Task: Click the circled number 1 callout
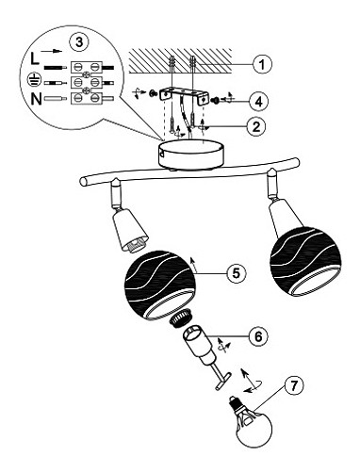point(262,64)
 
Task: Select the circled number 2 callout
point(255,126)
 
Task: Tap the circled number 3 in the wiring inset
point(78,42)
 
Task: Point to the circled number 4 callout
point(258,101)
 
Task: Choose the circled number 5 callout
point(236,273)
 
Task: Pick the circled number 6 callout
point(257,336)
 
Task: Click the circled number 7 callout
point(294,385)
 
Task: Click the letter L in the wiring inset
point(35,58)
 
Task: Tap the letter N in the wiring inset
point(36,98)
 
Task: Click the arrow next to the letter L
point(50,51)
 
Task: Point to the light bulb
point(251,420)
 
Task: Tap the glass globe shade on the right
point(305,261)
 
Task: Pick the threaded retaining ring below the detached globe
point(179,317)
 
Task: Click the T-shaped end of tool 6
point(223,381)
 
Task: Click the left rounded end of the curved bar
point(84,182)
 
